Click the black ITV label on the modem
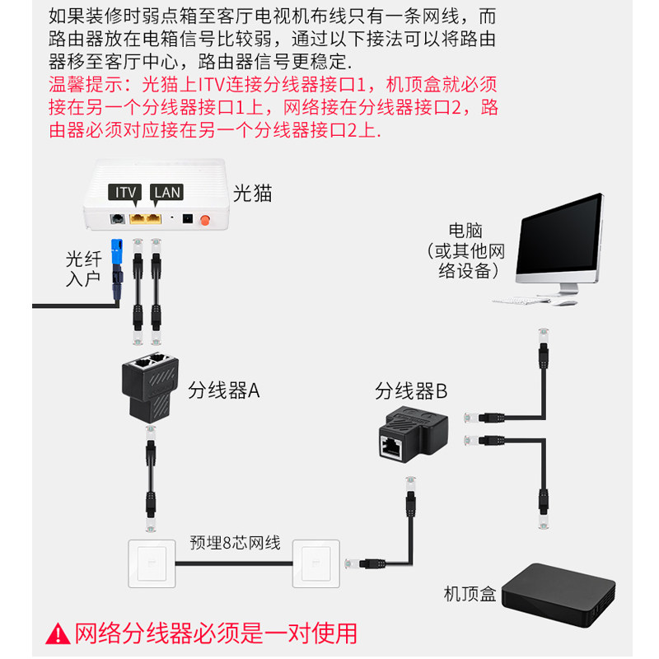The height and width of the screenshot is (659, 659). tap(125, 193)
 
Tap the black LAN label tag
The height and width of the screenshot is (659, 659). tap(167, 193)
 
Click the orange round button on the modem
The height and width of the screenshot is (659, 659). tap(205, 219)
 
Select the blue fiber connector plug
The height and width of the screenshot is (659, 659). tap(117, 251)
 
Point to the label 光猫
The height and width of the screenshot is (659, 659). tap(252, 194)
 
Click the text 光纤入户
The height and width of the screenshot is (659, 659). tap(83, 269)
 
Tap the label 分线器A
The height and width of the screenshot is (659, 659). tap(223, 390)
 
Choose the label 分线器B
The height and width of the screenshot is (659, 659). tap(410, 390)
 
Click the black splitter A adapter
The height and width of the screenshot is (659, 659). tap(151, 386)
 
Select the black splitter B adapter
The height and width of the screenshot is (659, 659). tap(414, 434)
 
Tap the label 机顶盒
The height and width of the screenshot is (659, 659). tap(470, 594)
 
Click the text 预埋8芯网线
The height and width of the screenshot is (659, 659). tap(235, 543)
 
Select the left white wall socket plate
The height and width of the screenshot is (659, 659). tap(152, 563)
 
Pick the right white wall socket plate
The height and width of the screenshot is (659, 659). tap(316, 563)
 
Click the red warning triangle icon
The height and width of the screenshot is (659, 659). tap(58, 634)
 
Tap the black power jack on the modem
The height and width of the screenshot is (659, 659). tap(187, 218)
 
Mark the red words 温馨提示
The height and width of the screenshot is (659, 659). tap(86, 85)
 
